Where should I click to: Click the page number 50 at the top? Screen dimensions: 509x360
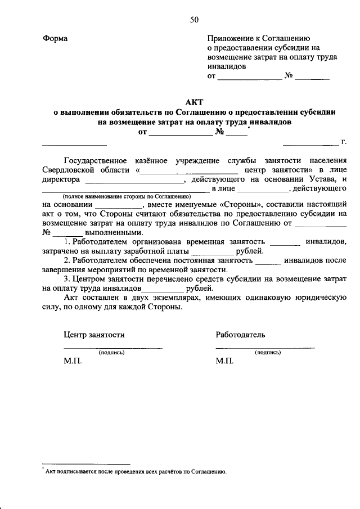tap(193, 20)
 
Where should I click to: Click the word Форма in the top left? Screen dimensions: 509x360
tap(55, 38)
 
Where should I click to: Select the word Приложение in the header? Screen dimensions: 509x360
tap(230, 38)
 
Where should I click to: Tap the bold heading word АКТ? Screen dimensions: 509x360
tap(194, 102)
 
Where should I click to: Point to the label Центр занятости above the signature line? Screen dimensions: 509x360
tap(94, 335)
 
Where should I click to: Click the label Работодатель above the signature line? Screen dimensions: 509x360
tap(240, 335)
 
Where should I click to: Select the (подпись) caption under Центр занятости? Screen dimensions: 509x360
tap(111, 353)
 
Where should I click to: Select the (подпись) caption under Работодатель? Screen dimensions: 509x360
tap(268, 353)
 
